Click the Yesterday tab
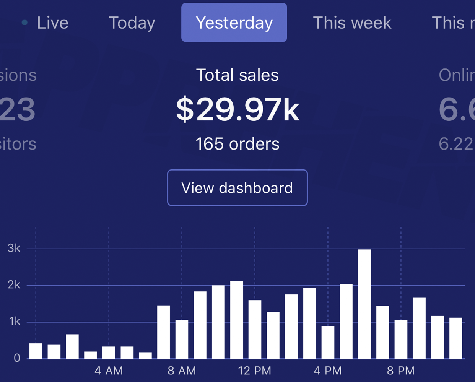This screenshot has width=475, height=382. pos(234,23)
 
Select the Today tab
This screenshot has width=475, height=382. pos(132,23)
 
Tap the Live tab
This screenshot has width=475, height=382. pos(52,23)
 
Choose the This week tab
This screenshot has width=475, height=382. pos(352,23)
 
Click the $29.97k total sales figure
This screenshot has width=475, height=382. pos(237,110)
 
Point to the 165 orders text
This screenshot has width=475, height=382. pos(237,144)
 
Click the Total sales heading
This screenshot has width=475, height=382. pos(237,75)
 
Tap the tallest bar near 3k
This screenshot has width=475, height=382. pos(364,304)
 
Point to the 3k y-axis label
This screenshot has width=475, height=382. pos(14,249)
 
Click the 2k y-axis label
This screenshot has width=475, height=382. pos(14,285)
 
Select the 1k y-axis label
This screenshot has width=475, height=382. pos(15,322)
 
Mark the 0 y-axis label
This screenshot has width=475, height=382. pos(17,358)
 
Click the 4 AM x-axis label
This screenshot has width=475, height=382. pos(109,371)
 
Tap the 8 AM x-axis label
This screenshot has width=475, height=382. pos(182,371)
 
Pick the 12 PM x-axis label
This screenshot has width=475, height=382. pos(255,371)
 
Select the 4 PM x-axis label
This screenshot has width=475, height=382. pos(328,371)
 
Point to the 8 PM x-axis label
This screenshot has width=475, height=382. pos(401,371)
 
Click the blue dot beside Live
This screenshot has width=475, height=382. pos(24,23)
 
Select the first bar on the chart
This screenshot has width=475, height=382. pos(36,351)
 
